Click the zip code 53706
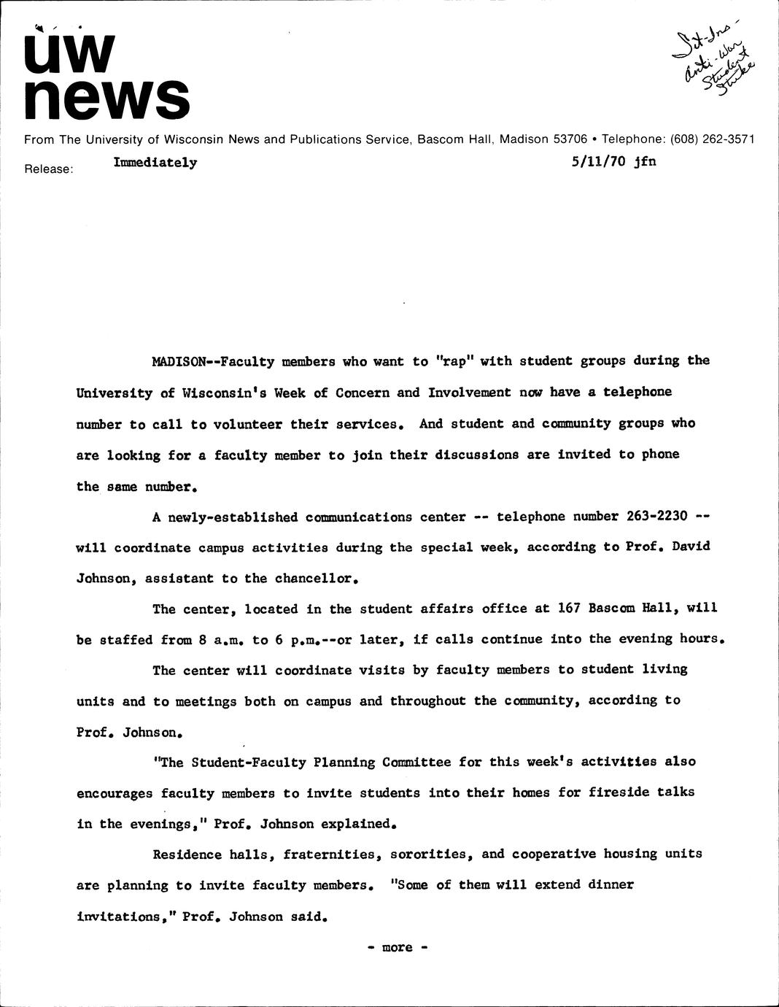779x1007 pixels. [x=570, y=139]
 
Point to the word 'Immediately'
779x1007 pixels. [x=155, y=162]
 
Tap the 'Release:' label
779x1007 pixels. [x=49, y=169]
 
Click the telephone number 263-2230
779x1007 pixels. [x=656, y=517]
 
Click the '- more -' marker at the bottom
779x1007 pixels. [x=397, y=947]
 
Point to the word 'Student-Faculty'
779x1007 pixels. [x=248, y=763]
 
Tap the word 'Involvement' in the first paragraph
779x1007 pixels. [x=469, y=393]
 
